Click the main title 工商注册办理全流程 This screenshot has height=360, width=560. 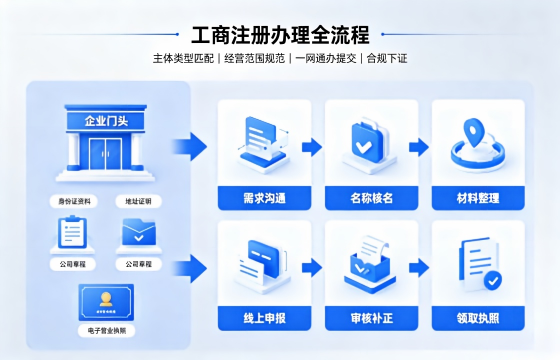(x=280, y=35)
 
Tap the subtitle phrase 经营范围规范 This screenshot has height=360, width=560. (x=255, y=58)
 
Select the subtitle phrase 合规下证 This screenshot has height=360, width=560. (x=387, y=58)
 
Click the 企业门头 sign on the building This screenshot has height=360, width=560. (x=106, y=121)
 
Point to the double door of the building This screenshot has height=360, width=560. (x=106, y=154)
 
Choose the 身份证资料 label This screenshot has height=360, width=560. (x=74, y=201)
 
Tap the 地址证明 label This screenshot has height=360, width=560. (x=138, y=201)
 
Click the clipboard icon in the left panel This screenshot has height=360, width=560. (x=72, y=231)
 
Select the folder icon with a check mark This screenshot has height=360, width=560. (x=139, y=232)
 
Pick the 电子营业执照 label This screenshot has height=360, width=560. (x=107, y=331)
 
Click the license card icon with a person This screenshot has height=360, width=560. (x=106, y=302)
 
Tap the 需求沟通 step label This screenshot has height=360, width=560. (x=265, y=198)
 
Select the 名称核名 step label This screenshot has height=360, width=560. (x=371, y=198)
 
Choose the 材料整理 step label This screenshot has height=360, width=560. (x=478, y=198)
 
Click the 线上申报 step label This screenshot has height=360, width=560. (x=265, y=318)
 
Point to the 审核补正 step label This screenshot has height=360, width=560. (x=371, y=318)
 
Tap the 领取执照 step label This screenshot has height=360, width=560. (x=478, y=318)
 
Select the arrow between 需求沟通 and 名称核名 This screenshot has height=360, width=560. (x=312, y=147)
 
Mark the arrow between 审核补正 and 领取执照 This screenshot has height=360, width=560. (x=419, y=268)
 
